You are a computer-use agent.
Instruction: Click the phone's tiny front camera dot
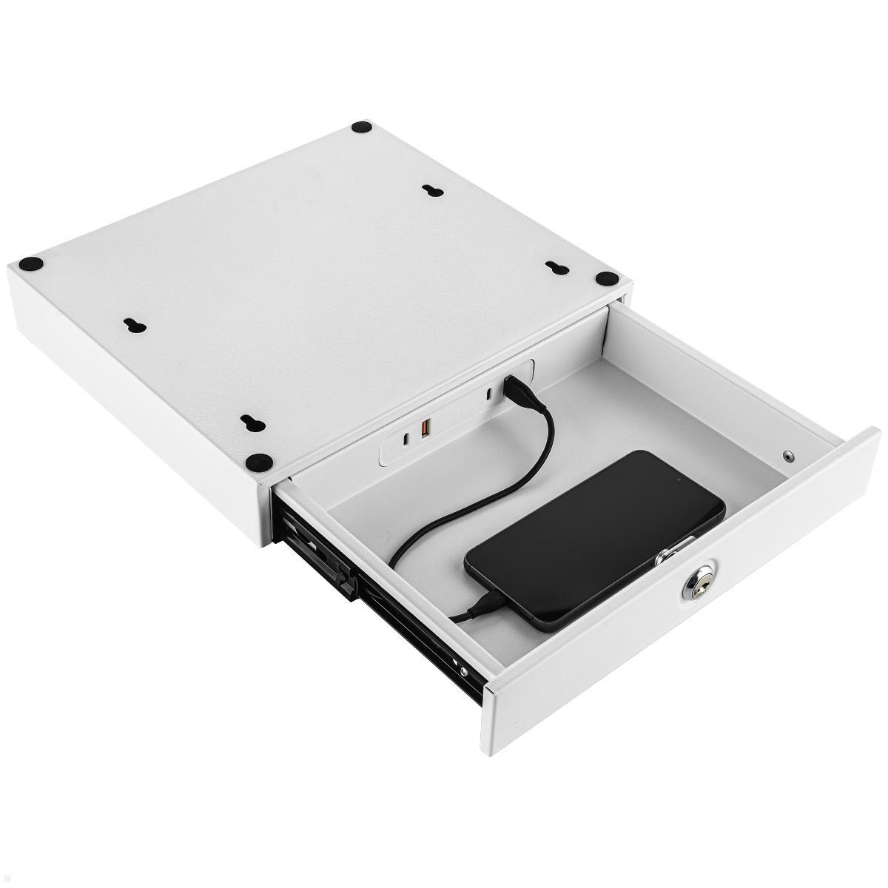[x=676, y=480]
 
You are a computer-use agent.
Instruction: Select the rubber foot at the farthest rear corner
[x=361, y=129]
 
